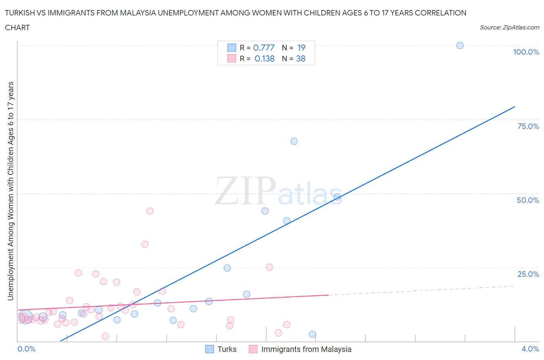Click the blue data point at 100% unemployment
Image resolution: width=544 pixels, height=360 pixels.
tap(460, 45)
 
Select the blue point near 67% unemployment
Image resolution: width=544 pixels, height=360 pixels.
tap(294, 141)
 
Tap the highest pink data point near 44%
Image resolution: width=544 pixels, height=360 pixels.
tap(150, 211)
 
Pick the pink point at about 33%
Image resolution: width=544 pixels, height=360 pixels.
tap(145, 244)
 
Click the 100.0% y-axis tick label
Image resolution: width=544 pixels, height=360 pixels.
tap(526, 52)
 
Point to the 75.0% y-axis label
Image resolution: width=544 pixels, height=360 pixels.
tap(528, 126)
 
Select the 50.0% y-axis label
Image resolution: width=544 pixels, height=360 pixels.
tap(528, 200)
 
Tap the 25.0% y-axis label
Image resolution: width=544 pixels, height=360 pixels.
tap(528, 274)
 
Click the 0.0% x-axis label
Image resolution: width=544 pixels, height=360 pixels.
tap(26, 349)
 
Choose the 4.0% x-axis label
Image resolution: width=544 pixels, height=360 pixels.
tap(530, 349)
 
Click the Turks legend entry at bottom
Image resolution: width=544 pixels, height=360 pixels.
tap(226, 349)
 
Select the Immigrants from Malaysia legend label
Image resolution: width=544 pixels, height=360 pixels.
tap(306, 349)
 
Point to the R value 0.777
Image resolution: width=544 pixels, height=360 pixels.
tap(264, 48)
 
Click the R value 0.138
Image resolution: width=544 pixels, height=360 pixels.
tap(265, 58)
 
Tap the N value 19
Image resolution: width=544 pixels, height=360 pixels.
tap(301, 48)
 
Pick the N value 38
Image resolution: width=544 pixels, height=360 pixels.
tap(301, 58)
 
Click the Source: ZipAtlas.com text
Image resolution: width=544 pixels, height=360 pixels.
tap(509, 27)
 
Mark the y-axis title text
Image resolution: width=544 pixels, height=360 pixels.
tap(10, 191)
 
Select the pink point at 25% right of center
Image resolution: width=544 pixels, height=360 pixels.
tap(269, 267)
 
